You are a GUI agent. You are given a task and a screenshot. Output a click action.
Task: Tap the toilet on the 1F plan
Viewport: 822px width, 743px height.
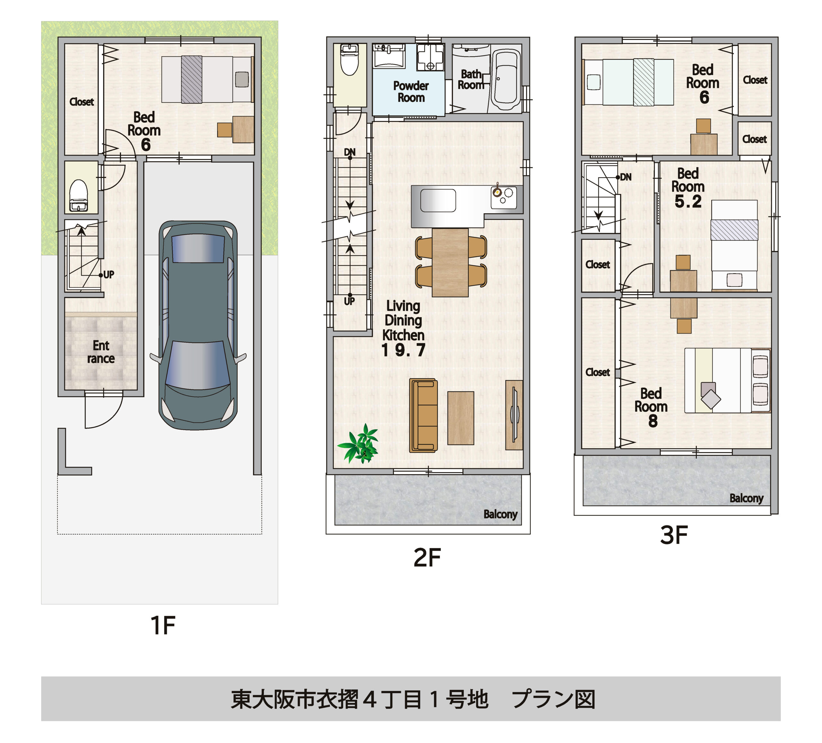coord(79,195)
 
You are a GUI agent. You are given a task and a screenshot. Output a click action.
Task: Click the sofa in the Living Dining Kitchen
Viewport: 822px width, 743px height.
coord(423,415)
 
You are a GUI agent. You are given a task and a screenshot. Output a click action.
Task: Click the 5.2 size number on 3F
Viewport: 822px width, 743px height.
coord(688,201)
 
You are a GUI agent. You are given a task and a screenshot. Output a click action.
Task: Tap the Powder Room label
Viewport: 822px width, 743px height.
coord(411,92)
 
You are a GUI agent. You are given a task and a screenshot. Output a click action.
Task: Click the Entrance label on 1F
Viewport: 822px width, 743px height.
coord(101,352)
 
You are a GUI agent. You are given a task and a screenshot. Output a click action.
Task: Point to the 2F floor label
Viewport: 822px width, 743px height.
coord(427,557)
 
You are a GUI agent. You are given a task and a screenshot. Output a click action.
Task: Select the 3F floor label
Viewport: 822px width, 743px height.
coord(674,535)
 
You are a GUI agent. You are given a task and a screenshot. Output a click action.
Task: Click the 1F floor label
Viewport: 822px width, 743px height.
coord(163,625)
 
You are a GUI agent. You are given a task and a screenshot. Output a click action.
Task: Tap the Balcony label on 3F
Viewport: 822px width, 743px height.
coord(746,498)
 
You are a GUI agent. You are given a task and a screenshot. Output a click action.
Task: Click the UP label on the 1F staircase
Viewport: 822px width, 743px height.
coord(109,275)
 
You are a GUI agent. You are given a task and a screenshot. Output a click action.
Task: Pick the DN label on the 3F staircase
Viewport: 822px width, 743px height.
coord(625,177)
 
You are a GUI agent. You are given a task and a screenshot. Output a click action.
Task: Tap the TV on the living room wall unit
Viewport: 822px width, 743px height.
coord(515,415)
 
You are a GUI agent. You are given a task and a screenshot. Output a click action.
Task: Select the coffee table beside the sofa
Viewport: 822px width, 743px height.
coord(461,418)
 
